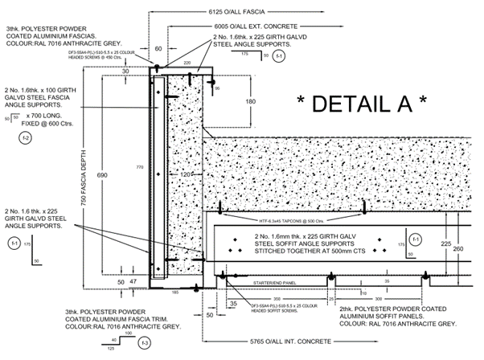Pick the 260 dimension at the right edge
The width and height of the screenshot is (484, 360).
459,249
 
